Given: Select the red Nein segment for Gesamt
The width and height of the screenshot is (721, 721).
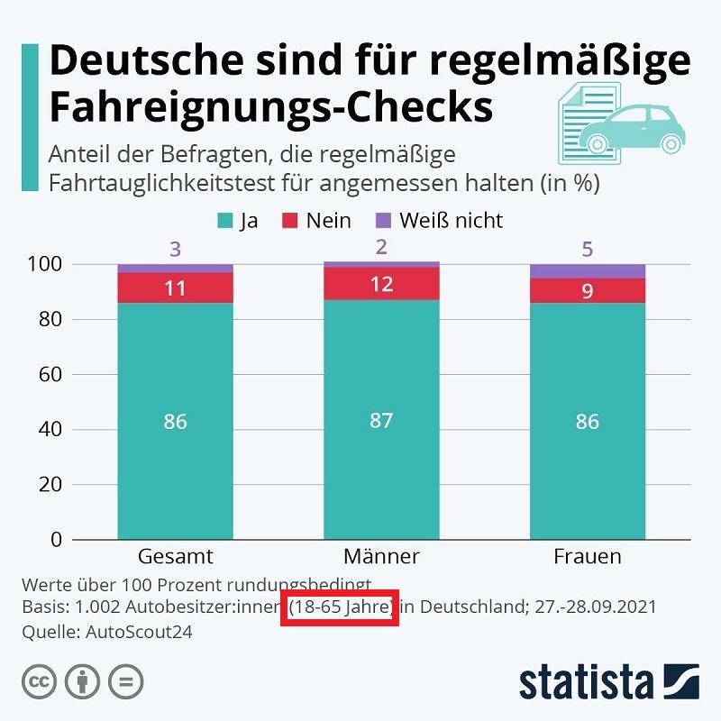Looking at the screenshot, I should (x=175, y=288).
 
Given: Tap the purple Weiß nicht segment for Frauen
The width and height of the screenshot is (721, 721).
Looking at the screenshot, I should (x=587, y=271).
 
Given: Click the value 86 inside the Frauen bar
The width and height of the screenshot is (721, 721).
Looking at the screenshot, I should (x=587, y=422).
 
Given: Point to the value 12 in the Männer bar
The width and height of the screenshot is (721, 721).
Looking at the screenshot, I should (x=381, y=284).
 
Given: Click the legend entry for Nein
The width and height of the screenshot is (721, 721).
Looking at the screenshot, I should (x=317, y=221).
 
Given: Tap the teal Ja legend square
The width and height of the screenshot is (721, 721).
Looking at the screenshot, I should (x=224, y=221).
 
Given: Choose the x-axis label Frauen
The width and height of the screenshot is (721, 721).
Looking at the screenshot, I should (x=587, y=556).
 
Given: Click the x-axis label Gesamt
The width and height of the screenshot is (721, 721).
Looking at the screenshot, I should (x=175, y=556).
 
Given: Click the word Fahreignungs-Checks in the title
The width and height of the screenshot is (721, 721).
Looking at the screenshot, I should (x=269, y=106).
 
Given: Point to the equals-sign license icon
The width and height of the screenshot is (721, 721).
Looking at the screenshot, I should (x=126, y=680).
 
